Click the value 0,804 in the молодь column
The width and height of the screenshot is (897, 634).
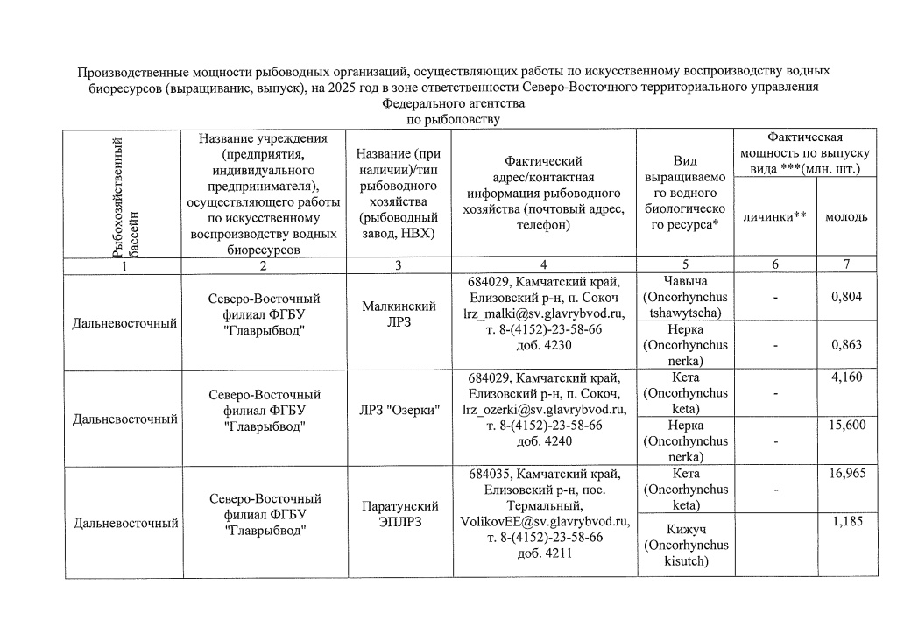coord(847,297)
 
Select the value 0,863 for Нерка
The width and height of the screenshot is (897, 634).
coord(847,344)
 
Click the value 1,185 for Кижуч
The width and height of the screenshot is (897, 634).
coord(847,522)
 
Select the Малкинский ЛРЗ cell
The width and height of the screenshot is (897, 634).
coord(399,313)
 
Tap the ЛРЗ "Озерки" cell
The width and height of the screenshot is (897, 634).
coord(399,410)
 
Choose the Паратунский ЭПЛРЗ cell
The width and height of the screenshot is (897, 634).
coord(399,514)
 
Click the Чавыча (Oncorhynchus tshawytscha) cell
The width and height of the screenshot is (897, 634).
coord(685,297)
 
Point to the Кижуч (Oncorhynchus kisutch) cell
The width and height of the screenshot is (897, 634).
coord(685,546)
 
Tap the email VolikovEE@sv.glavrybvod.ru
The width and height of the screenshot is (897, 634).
coord(544,521)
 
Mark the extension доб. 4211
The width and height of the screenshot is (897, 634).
coord(544,553)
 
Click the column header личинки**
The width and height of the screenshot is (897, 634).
coord(774,216)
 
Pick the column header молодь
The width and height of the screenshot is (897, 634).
coord(847,216)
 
